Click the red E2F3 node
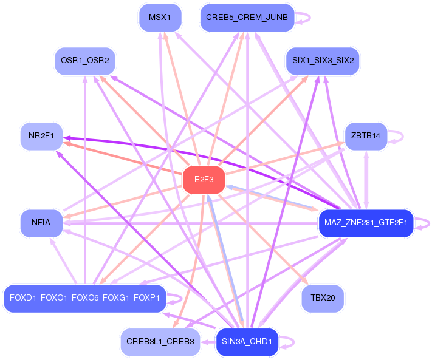tap(204, 180)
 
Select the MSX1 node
tap(160, 17)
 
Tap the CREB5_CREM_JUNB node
tap(247, 17)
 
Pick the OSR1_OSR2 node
tap(85, 61)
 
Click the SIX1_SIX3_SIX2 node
tap(323, 61)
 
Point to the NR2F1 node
tap(41, 137)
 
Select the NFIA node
tap(41, 223)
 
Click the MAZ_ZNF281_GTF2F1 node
tap(366, 223)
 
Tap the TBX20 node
tap(323, 298)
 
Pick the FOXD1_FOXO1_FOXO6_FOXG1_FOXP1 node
tap(84, 298)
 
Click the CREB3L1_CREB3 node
tap(160, 342)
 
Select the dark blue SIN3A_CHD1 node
tap(247, 342)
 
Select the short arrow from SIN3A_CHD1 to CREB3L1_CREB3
tap(208, 342)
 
